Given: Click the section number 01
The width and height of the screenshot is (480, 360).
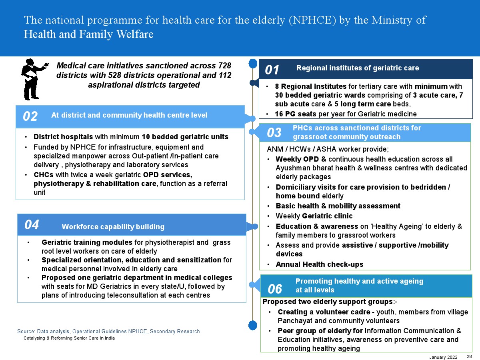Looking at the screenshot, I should click(x=272, y=70).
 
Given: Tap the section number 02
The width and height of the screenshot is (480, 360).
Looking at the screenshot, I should click(x=30, y=116).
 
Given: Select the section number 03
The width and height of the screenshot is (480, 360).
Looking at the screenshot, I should click(x=274, y=133).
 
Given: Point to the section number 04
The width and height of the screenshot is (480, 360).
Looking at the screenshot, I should click(x=32, y=225).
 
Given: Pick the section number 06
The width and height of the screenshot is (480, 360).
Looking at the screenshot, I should click(x=275, y=288).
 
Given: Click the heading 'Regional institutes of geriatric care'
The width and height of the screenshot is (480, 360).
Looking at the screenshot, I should click(x=358, y=68).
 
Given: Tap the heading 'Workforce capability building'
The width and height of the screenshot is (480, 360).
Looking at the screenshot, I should click(x=113, y=227).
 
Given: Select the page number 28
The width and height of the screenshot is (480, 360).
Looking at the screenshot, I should click(x=469, y=356).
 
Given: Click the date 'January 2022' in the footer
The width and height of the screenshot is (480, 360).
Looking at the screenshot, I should click(x=444, y=357).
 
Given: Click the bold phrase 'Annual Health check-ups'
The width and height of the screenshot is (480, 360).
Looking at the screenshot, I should click(x=320, y=264).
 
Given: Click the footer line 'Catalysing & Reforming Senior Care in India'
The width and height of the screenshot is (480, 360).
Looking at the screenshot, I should click(x=69, y=338).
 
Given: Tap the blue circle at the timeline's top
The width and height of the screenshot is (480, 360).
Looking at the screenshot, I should click(x=253, y=63).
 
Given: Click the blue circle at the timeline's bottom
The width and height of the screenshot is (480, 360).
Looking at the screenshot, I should click(x=253, y=325).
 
